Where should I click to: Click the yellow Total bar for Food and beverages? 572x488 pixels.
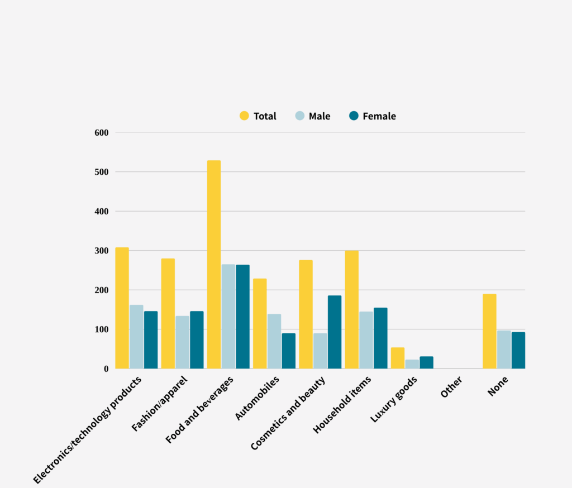(x=214, y=265)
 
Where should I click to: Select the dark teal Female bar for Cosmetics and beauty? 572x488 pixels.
(x=335, y=332)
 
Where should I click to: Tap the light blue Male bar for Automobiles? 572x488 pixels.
(x=274, y=341)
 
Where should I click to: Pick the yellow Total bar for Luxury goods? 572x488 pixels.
(x=398, y=358)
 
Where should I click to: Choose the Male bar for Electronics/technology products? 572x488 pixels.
(x=136, y=337)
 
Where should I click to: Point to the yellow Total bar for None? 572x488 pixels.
(x=489, y=331)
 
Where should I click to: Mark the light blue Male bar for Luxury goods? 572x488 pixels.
(x=412, y=364)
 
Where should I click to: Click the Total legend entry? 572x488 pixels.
(x=258, y=116)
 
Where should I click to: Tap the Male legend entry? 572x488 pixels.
(x=313, y=116)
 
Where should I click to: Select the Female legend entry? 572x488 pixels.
(x=372, y=116)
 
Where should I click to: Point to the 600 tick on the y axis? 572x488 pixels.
(x=102, y=133)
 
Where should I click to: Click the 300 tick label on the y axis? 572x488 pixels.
(x=102, y=251)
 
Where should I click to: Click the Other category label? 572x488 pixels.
(x=451, y=387)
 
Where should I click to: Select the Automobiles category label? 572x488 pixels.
(x=258, y=397)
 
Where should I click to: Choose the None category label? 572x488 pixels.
(x=498, y=386)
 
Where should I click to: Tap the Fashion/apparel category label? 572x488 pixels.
(x=160, y=403)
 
